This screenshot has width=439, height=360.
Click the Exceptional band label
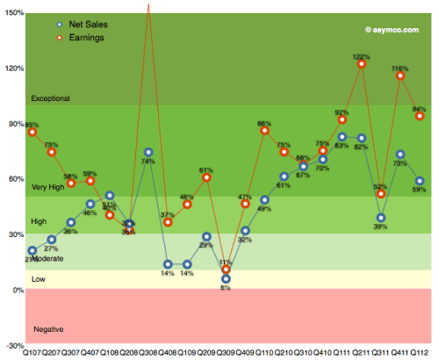(x=50, y=98)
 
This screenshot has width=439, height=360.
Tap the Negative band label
(x=48, y=328)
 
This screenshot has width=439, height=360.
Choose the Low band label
(x=39, y=278)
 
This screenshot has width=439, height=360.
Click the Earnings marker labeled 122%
(x=362, y=64)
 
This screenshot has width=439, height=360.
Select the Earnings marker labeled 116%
(x=400, y=76)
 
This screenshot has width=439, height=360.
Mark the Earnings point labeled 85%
(x=32, y=132)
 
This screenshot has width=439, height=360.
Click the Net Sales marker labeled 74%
(x=148, y=153)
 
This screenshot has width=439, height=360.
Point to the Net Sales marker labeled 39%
(x=381, y=218)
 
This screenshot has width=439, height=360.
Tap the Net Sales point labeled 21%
(x=32, y=250)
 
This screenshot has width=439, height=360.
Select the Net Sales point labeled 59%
(x=420, y=181)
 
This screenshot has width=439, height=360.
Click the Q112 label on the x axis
(x=420, y=353)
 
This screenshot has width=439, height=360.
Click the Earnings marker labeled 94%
(x=420, y=116)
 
